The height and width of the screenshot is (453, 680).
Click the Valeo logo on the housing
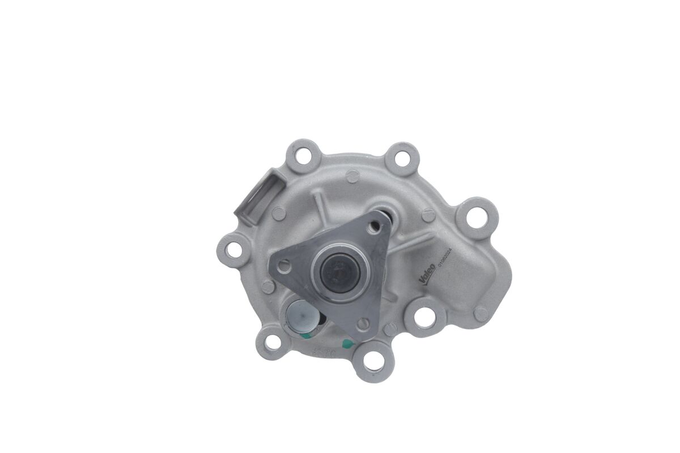[x=427, y=272]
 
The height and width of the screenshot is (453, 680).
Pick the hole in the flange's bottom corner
[x=363, y=323]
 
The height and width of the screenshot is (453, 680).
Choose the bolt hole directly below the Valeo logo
[x=424, y=317]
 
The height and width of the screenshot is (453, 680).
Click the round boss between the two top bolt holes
[x=352, y=177]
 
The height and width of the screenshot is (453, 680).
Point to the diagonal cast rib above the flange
[x=321, y=202]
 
